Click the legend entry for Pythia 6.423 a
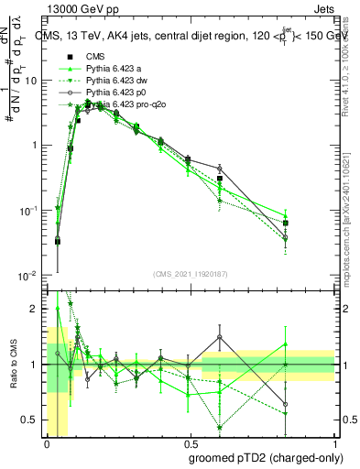point(109,69)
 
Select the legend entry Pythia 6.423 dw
point(111,81)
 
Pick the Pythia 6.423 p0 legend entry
point(110,93)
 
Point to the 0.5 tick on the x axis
point(191,443)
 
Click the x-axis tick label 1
point(334,443)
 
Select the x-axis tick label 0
point(48,443)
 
